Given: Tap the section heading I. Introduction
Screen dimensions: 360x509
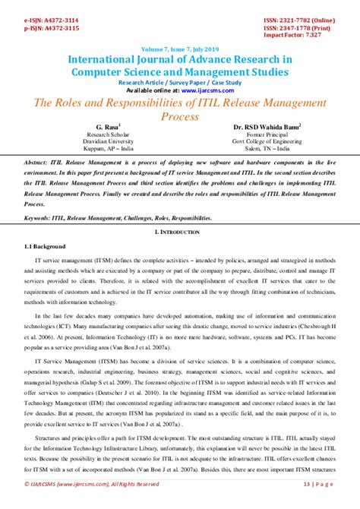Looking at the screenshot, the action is tap(179, 230).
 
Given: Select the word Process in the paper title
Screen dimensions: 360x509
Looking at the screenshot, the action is tap(179, 117).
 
